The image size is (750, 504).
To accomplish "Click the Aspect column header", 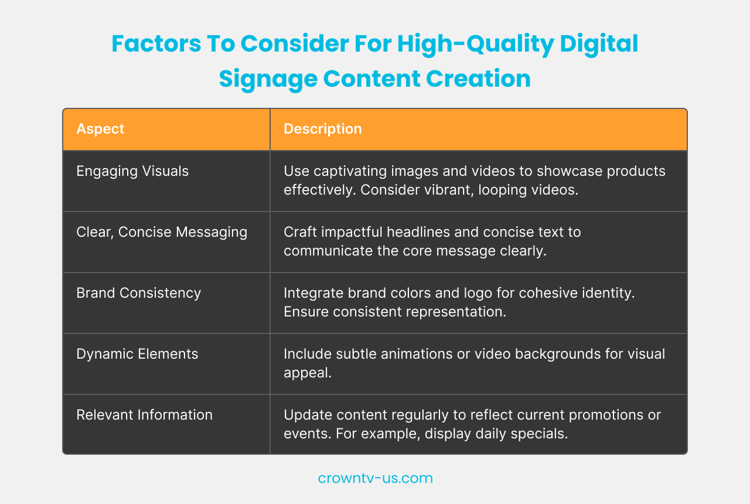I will click(100, 129).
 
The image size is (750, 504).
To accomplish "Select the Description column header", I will click(322, 129).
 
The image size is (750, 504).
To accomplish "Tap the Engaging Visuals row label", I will click(132, 171).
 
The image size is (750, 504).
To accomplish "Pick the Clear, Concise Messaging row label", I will click(162, 232).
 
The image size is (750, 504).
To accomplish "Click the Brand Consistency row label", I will click(138, 293).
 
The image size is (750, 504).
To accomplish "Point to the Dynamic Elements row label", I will click(137, 354).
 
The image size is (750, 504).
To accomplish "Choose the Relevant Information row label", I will click(144, 415).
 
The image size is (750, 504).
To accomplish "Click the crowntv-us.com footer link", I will click(375, 478).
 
